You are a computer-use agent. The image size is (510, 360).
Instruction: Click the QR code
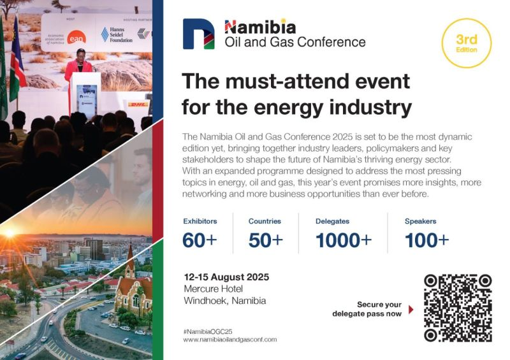(x=458, y=308)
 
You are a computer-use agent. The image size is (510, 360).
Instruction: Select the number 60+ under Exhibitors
(x=200, y=240)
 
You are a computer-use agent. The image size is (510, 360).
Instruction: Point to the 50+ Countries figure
(x=266, y=240)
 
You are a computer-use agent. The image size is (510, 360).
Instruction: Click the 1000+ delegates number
(x=344, y=240)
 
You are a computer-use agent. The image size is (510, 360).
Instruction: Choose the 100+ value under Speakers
(x=426, y=240)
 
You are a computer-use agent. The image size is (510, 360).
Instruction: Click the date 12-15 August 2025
(x=226, y=277)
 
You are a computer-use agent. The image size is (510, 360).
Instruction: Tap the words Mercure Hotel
(x=214, y=289)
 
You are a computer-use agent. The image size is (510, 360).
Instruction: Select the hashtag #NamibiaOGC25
(x=208, y=332)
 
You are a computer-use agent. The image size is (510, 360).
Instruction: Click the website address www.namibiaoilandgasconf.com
(x=230, y=340)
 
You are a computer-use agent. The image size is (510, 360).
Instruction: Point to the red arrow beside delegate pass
(x=411, y=309)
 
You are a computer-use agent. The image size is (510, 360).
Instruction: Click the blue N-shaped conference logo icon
(x=199, y=34)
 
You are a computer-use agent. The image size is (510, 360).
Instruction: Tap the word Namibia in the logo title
(x=260, y=27)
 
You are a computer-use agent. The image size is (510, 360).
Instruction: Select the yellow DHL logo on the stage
(x=138, y=104)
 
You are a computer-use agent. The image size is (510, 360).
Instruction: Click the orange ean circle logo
(x=76, y=38)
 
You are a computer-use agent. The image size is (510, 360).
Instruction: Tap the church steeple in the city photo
(x=131, y=259)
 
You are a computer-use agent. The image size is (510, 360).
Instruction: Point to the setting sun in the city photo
(x=9, y=233)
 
